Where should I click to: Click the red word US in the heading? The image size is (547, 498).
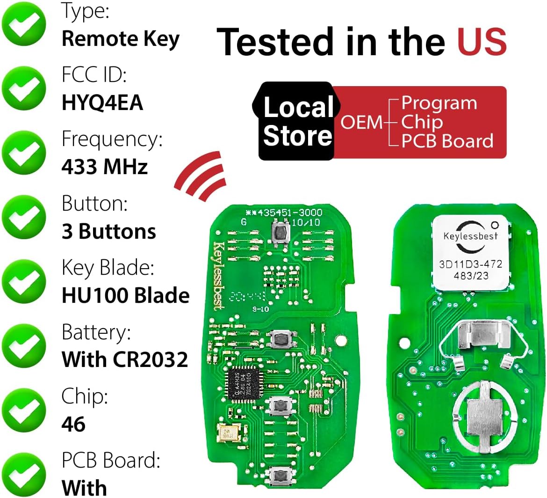click(x=482, y=42)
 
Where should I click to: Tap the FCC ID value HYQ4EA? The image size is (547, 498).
click(x=102, y=103)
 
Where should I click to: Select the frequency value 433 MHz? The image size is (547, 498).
click(x=105, y=167)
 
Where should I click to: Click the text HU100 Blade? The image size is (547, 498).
click(x=126, y=296)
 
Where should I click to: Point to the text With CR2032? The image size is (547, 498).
click(x=125, y=359)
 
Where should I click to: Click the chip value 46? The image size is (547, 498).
click(x=73, y=424)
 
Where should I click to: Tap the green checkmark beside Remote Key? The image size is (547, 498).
click(x=24, y=24)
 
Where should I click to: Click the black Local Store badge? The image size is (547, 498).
click(x=297, y=121)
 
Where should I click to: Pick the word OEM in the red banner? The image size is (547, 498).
click(x=361, y=122)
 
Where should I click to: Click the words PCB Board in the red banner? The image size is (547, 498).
click(x=447, y=141)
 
